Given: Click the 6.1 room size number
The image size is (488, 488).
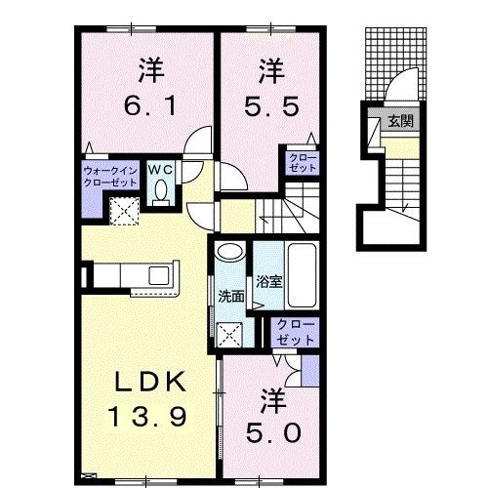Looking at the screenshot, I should pos(148,104).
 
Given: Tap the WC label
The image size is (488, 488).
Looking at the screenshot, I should pos(161,170).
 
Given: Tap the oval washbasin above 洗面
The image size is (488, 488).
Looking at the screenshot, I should pos(230,252).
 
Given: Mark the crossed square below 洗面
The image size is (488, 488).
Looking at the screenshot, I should pos(231,337).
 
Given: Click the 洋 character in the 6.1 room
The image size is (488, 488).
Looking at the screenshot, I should pos(148,70).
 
